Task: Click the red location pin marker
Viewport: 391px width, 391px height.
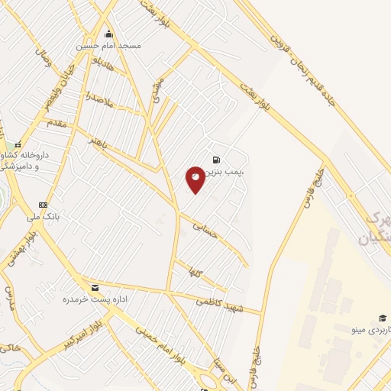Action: point(195,179)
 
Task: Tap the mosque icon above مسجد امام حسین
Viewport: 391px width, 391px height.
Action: point(108,34)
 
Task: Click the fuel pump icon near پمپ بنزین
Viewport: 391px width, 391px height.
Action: point(217,160)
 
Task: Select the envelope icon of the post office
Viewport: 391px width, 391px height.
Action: point(95,288)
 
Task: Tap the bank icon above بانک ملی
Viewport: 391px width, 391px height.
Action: point(44,205)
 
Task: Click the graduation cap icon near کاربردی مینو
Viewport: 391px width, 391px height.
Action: point(382,318)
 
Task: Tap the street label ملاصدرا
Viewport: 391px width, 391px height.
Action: point(99,100)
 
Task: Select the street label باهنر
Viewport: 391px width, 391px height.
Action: point(102,141)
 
